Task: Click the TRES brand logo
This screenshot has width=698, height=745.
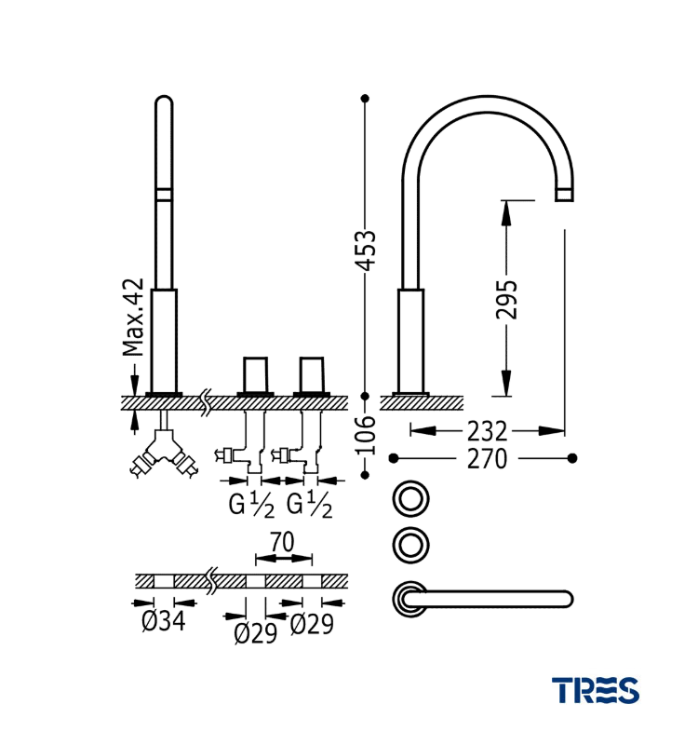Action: pyautogui.click(x=595, y=690)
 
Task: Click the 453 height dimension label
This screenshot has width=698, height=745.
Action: pyautogui.click(x=368, y=250)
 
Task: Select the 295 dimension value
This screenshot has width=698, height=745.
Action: pyautogui.click(x=505, y=298)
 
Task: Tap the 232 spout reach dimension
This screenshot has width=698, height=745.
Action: pyautogui.click(x=488, y=431)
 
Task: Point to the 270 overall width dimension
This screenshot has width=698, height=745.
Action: pyautogui.click(x=488, y=459)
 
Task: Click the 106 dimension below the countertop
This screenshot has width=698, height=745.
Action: pyautogui.click(x=368, y=435)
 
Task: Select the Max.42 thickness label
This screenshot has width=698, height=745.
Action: pyautogui.click(x=134, y=318)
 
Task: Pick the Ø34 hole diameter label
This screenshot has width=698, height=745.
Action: pyautogui.click(x=164, y=623)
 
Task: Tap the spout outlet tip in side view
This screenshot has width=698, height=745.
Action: pyautogui.click(x=565, y=195)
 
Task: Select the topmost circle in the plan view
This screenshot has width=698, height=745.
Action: pyautogui.click(x=410, y=498)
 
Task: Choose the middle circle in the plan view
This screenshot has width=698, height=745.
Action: pyautogui.click(x=410, y=545)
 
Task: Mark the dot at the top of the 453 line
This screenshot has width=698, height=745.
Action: pyautogui.click(x=365, y=98)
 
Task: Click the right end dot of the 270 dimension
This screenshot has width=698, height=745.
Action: pyautogui.click(x=572, y=458)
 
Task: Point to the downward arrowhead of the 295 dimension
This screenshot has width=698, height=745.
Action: pyautogui.click(x=505, y=383)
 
